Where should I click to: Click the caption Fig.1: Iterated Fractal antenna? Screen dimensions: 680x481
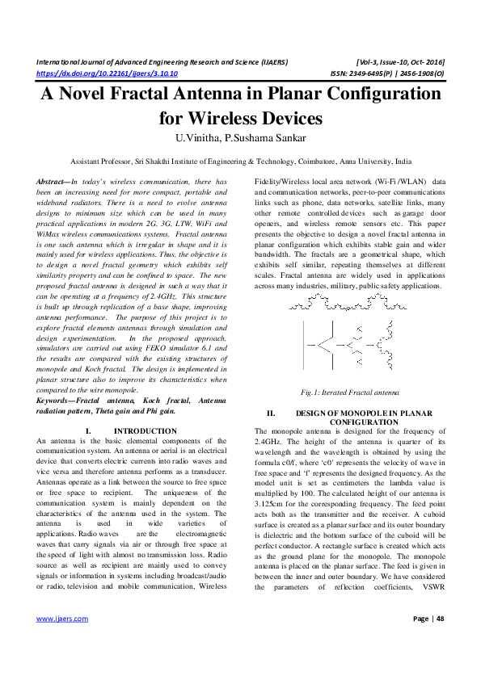click(x=348, y=392)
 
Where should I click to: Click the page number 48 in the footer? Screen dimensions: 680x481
click(x=441, y=641)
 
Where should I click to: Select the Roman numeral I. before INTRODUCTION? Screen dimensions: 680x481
click(x=86, y=432)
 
